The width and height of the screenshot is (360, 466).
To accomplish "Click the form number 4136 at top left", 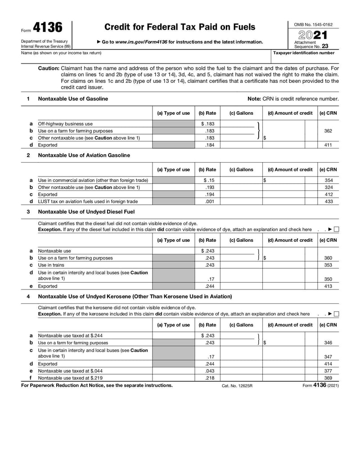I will coord(47,28).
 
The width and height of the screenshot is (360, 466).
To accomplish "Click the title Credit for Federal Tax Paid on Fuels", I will coord(180,27).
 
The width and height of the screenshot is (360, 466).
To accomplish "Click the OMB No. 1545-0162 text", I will coord(313,24).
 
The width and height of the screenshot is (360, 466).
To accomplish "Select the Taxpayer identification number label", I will coord(304,53).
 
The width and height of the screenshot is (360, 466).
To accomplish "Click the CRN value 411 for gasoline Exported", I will coord(328,145).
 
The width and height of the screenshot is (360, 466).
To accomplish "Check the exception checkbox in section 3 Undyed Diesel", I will coord(337,230).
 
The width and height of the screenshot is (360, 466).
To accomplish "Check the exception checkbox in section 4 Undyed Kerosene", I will coord(337,314).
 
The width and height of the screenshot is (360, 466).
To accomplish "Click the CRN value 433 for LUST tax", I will coord(328,202).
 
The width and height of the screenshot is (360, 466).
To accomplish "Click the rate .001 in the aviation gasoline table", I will coord(209,202).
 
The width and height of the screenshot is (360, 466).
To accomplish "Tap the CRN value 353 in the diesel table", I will coord(328,265).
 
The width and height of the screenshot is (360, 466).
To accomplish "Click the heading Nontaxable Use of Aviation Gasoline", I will coord(84,155).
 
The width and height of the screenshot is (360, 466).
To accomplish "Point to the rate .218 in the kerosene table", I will coord(209,378).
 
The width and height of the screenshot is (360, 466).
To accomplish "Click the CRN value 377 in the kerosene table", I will coord(328,371).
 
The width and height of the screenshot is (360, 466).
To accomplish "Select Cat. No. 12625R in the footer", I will coord(237,386).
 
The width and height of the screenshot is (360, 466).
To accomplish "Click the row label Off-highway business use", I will coord(65,124).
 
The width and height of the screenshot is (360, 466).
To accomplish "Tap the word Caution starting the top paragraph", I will coord(49,68).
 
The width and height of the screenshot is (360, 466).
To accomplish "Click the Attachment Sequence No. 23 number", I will coord(325,46).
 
